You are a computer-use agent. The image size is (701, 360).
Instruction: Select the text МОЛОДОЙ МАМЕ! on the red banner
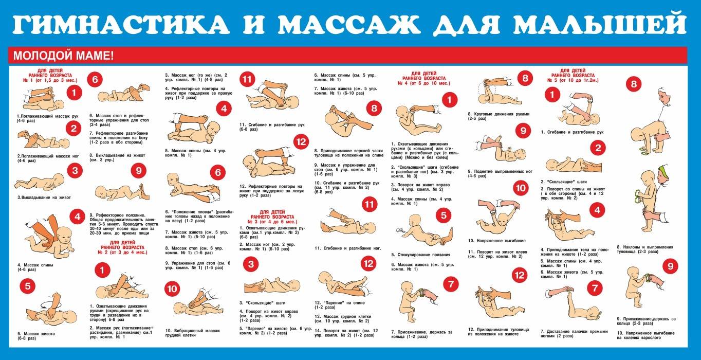coord(63,56)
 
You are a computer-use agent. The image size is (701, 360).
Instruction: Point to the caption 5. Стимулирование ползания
coord(420,255)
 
